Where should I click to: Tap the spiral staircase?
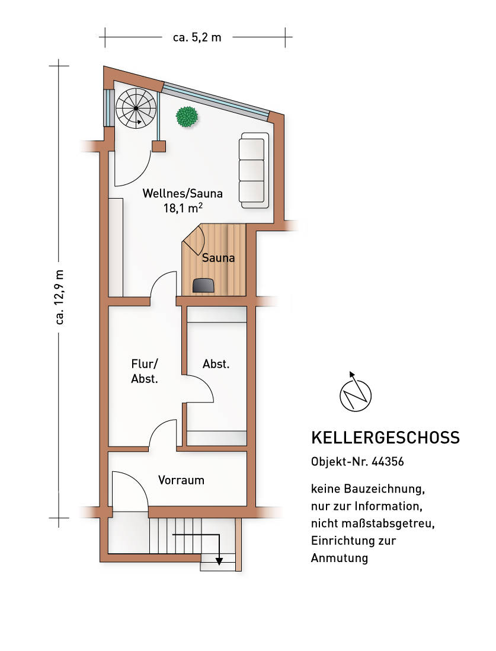136,108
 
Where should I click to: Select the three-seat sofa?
254,170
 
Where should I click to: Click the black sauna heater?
204,285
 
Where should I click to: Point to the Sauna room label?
218,258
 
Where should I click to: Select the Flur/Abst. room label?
145,372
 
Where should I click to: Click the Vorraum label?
181,480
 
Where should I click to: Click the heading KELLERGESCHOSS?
385,438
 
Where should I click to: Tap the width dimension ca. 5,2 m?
197,37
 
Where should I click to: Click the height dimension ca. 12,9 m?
59,297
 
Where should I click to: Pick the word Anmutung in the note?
339,558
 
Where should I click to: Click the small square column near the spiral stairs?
158,146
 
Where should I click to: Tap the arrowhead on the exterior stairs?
219,560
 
